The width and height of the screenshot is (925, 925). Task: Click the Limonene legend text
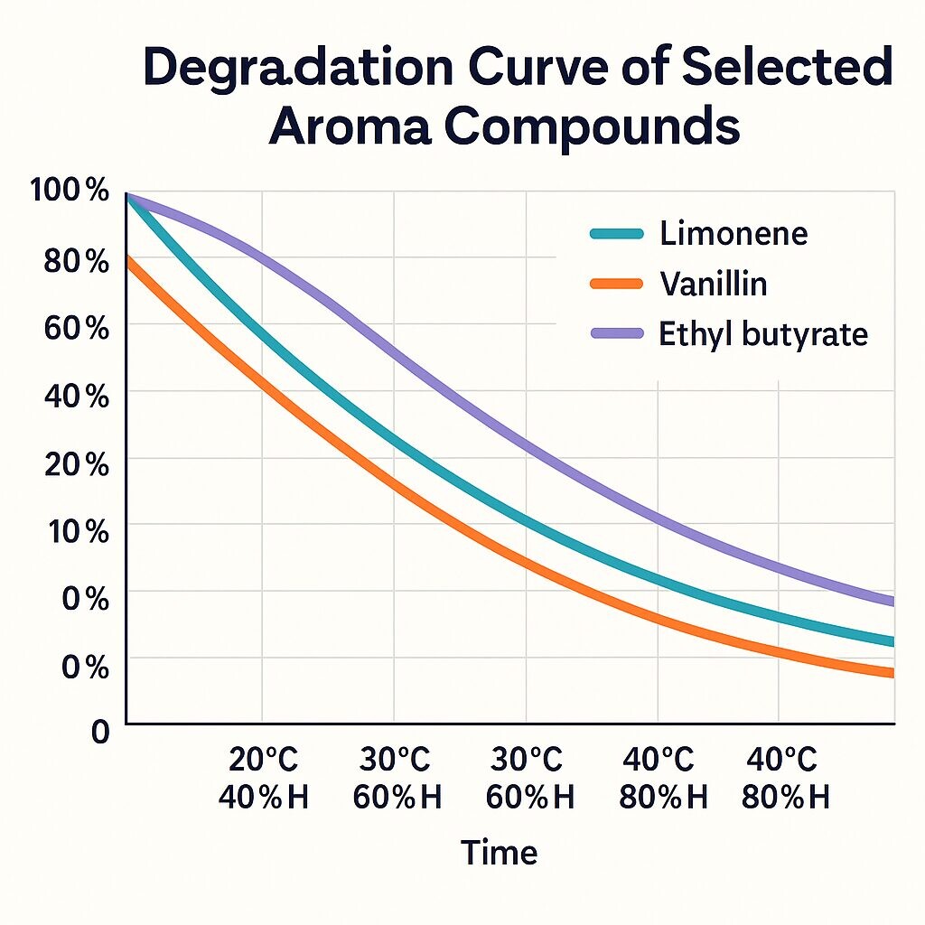[x=733, y=234]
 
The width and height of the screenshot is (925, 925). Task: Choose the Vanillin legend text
[x=714, y=285]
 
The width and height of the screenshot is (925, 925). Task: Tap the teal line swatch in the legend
[x=617, y=235]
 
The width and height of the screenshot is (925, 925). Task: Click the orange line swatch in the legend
[x=617, y=285]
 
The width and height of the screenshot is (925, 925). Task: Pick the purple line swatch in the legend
[x=617, y=334]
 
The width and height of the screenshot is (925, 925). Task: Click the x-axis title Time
[x=500, y=853]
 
